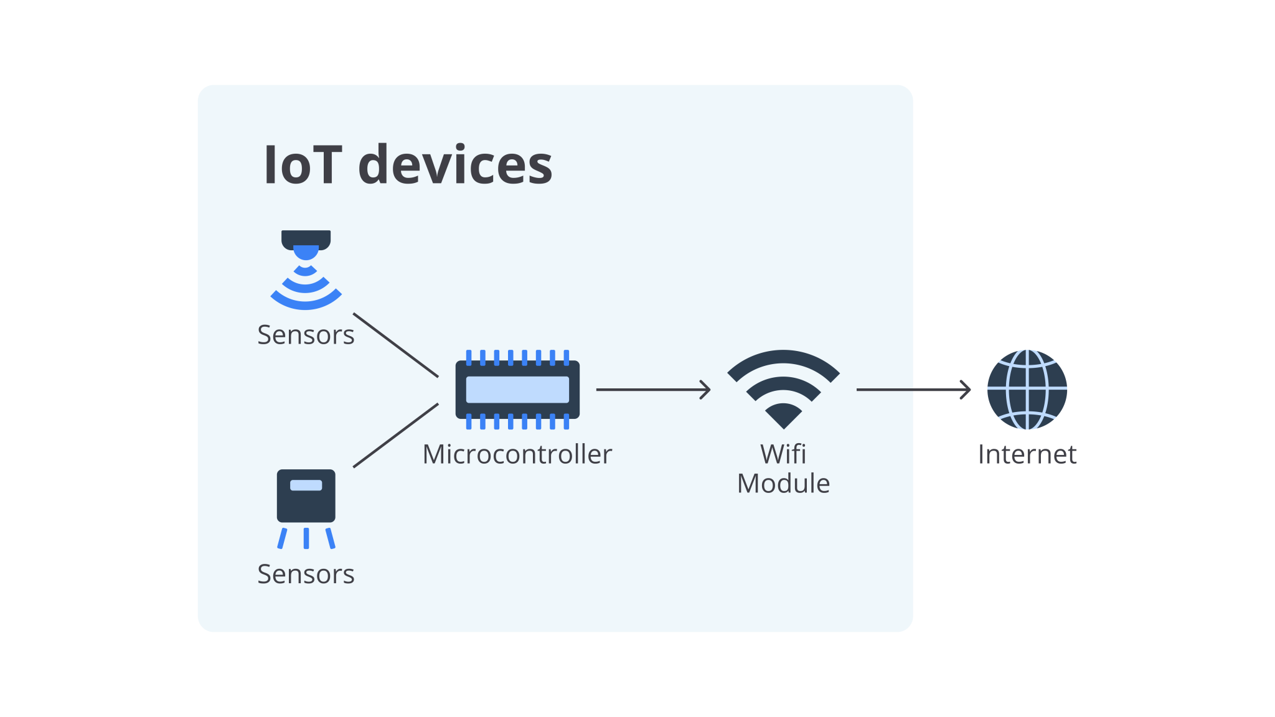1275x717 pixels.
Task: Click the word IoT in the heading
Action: [303, 166]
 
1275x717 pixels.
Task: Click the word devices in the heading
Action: [455, 166]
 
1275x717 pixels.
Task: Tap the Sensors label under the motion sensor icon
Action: [306, 335]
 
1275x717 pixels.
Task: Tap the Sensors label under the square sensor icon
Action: [306, 574]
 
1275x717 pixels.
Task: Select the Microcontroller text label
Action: [517, 454]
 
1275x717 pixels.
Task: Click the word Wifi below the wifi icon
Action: [783, 454]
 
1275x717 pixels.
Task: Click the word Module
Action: [783, 484]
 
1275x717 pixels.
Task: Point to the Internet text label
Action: [1027, 454]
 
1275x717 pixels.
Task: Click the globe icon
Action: [1027, 390]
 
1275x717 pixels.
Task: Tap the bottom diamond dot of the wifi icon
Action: [783, 416]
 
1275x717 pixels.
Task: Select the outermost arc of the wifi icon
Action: [783, 357]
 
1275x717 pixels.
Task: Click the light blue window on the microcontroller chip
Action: [517, 390]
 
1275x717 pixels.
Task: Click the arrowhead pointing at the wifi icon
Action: [706, 390]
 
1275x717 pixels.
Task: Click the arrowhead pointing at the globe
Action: [966, 390]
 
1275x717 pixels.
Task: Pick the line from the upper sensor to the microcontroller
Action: [395, 345]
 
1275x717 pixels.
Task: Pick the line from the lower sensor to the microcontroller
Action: [395, 435]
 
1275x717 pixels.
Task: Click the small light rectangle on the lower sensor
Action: [306, 485]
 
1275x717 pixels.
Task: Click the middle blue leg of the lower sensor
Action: [306, 538]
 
